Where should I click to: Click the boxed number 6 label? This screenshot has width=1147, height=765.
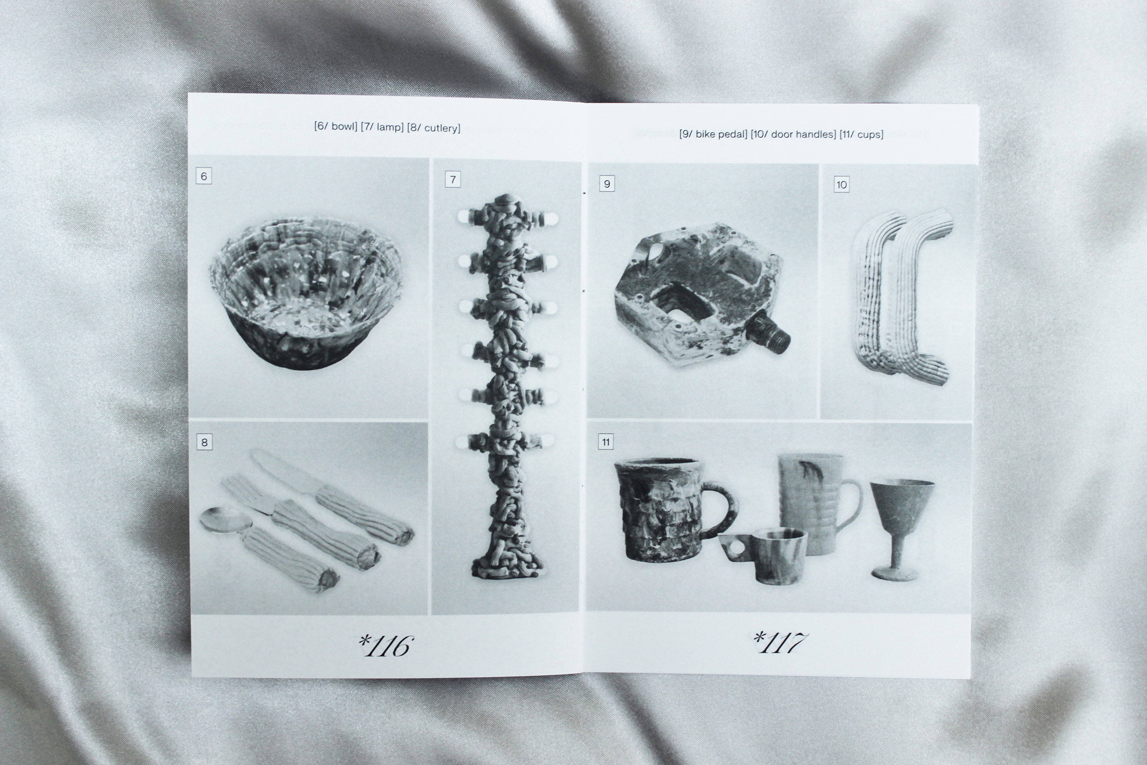coord(204,176)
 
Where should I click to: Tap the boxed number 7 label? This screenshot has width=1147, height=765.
coord(453,179)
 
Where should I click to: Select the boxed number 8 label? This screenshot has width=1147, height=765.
coord(204,442)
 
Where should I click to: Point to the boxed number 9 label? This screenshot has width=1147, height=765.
coord(607,184)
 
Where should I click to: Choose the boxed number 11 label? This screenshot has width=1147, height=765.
coord(606,441)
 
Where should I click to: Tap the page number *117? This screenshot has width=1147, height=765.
coord(780,642)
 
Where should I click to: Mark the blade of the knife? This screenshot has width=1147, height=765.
coord(285,469)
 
